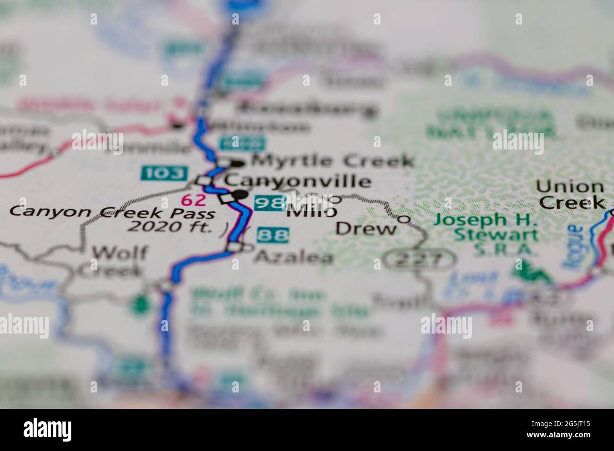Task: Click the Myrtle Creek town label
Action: click(333, 161)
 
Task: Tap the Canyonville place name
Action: click(297, 181)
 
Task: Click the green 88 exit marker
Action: click(273, 234)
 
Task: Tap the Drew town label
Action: click(366, 229)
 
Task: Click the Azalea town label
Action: click(294, 257)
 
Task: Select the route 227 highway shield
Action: click(419, 259)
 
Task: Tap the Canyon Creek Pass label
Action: click(112, 212)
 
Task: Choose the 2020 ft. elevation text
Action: click(169, 227)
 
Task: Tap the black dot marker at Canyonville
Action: click(241, 194)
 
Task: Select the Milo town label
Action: click(311, 212)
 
